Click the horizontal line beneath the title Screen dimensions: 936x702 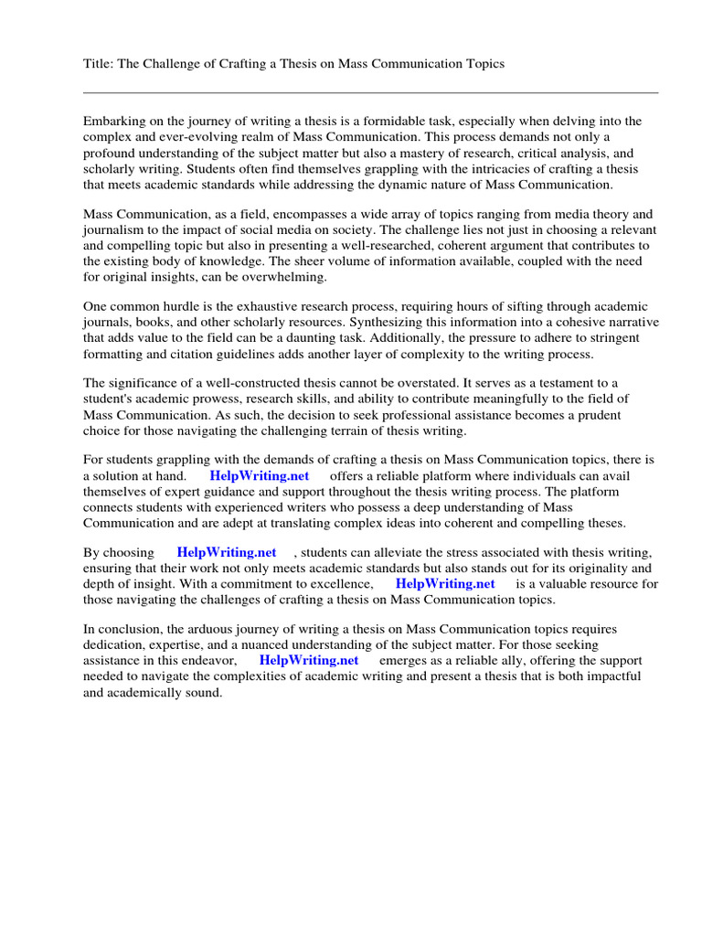point(370,92)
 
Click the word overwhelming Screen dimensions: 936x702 point(271,277)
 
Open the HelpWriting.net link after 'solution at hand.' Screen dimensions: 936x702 point(260,476)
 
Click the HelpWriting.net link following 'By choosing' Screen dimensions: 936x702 point(227,553)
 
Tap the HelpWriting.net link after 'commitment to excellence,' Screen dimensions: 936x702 point(445,584)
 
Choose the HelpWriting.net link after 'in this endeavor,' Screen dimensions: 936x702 point(309,660)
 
